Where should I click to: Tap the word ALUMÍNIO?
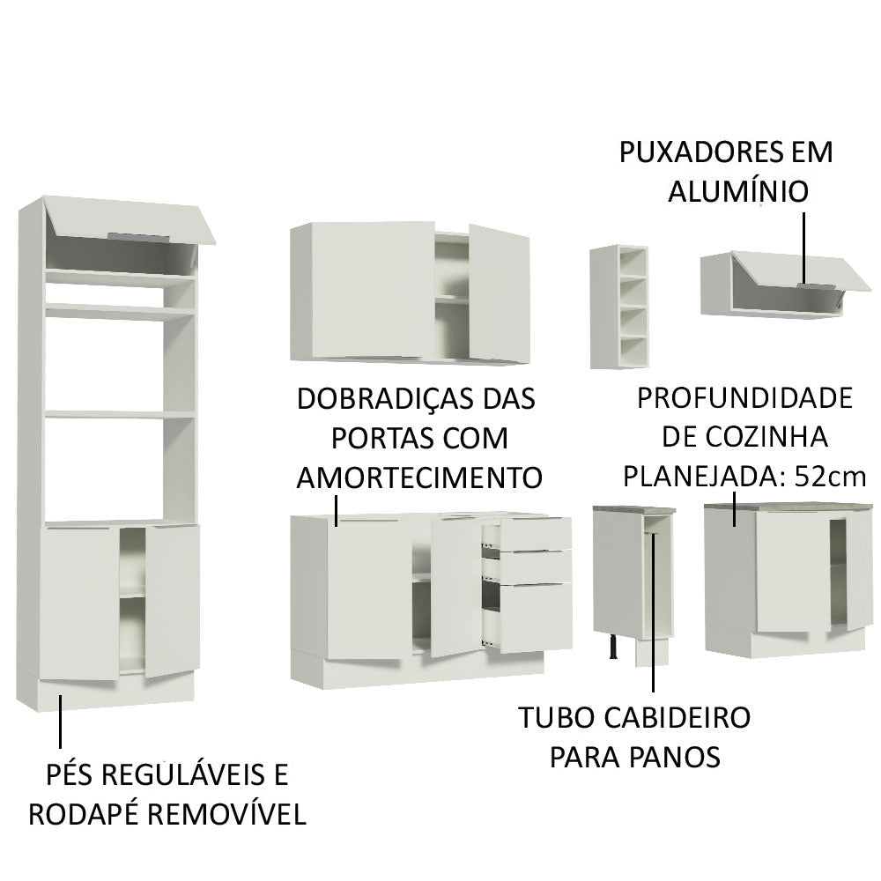pyautogui.click(x=737, y=192)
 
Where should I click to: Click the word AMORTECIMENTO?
pyautogui.click(x=418, y=478)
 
